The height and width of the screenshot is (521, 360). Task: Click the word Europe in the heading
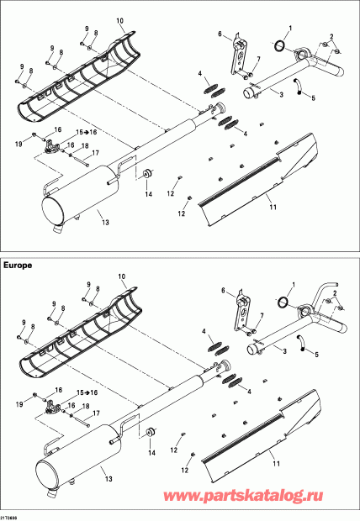pyautogui.click(x=18, y=266)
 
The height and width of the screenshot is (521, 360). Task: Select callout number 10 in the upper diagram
pyautogui.click(x=119, y=21)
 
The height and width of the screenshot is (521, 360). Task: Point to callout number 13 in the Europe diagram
pyautogui.click(x=109, y=479)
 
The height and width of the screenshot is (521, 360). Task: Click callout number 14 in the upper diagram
pyautogui.click(x=148, y=194)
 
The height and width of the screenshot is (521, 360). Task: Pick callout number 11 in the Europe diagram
pyautogui.click(x=276, y=464)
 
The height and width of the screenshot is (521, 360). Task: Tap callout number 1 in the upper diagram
pyautogui.click(x=290, y=29)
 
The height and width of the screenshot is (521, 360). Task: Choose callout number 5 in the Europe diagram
pyautogui.click(x=316, y=355)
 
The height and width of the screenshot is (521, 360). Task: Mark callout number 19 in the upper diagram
pyautogui.click(x=19, y=144)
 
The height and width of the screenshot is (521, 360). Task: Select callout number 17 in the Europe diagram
pyautogui.click(x=96, y=413)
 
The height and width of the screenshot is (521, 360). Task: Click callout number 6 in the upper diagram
pyautogui.click(x=220, y=34)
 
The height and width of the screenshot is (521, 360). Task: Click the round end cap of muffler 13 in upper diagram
pyautogui.click(x=52, y=212)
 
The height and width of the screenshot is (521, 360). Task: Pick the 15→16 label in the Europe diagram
pyautogui.click(x=87, y=392)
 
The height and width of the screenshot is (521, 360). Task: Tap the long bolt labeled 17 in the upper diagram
pyautogui.click(x=82, y=161)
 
